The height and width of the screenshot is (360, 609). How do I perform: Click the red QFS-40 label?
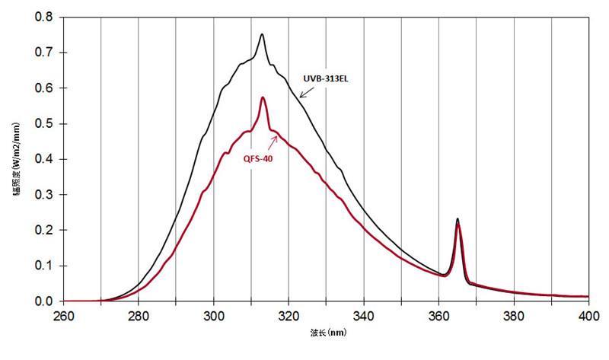pos(259,159)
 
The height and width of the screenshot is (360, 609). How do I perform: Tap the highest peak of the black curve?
pos(262,34)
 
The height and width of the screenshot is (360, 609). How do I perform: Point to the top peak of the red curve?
pos(263,97)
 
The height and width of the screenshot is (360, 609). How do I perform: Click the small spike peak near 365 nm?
pos(458,219)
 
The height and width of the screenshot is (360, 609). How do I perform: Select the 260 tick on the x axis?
pos(63,315)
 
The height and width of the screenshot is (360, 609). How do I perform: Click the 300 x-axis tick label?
pos(213,315)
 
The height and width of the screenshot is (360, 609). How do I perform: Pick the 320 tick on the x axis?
pos(289,315)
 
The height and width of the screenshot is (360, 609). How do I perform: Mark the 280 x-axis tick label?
pos(139,315)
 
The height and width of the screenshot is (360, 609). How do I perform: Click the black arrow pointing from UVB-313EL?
pos(308,91)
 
